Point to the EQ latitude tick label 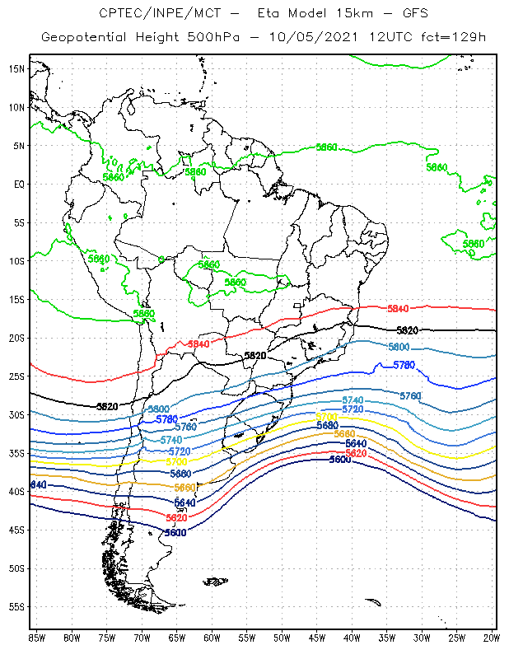pos(19,184)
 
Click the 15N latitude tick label pos(16,68)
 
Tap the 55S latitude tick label pos(16,607)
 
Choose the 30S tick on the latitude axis pos(16,414)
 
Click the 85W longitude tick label pos(36,638)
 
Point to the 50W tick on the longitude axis pos(282,638)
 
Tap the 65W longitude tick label pos(176,638)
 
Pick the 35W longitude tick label pos(387,638)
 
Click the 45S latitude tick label pos(16,530)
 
